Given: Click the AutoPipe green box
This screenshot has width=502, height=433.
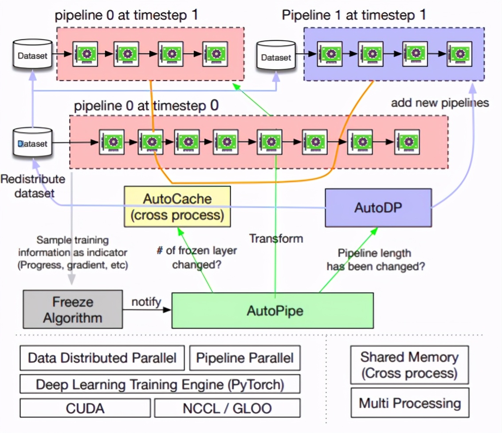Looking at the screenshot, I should pos(272,310).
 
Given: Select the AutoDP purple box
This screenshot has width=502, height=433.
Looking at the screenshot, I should pos(378,207).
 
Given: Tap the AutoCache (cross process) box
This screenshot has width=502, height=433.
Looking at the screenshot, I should pos(177,207).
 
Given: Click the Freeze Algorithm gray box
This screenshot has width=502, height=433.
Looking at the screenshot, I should pos(73,310).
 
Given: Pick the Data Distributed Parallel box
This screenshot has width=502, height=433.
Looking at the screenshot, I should pos(102,358).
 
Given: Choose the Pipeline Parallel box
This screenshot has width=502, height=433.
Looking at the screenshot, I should pos(244,358).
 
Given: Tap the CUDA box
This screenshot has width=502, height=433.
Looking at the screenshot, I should pos(85,408).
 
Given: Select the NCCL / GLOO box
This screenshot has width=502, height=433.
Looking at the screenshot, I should pos(227,408).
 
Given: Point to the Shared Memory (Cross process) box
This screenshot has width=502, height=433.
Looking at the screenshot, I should pos(409,365).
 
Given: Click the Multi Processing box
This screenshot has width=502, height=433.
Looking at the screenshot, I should pos(409,403).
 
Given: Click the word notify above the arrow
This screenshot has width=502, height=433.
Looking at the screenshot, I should pos(146,302).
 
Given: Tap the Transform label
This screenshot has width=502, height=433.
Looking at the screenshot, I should pos(276,238).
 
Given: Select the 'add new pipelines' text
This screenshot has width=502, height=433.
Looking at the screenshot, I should pos(439,103).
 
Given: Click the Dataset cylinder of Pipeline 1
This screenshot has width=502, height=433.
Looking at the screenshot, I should pos(276,56).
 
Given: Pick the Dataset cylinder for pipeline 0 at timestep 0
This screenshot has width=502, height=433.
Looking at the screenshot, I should pos(32,143).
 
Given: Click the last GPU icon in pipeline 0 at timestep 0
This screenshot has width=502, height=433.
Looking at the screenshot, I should pos(407,142).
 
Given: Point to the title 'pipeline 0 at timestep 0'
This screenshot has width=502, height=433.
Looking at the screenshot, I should pos(146,106).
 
